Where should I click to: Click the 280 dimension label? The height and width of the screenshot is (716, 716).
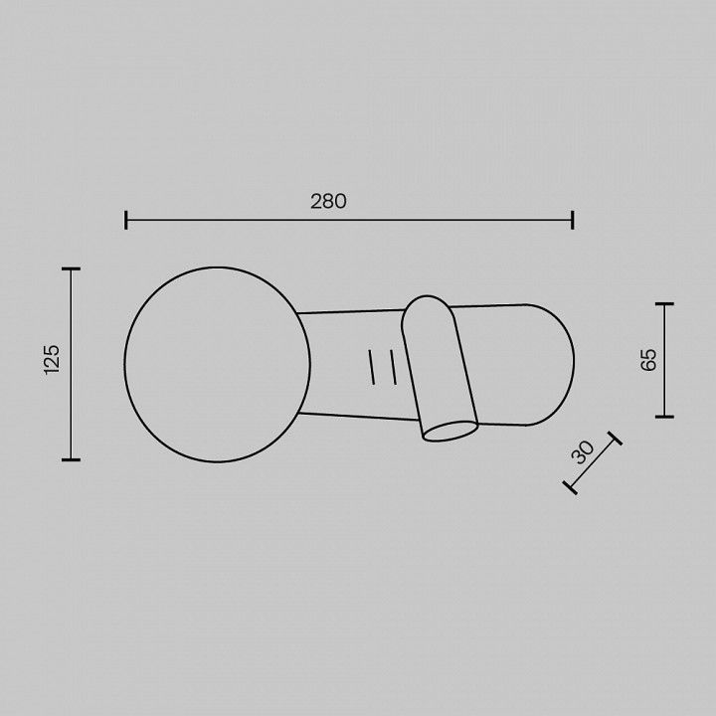point(328,201)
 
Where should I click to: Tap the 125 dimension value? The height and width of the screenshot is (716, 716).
point(52,359)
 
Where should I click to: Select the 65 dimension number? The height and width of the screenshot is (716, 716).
point(648,359)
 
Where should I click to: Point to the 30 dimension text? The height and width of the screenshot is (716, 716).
point(583,452)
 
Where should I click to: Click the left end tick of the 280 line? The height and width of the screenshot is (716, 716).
point(125,220)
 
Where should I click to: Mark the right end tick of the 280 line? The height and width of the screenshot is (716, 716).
point(572,220)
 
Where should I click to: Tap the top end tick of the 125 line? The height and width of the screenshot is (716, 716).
point(71,268)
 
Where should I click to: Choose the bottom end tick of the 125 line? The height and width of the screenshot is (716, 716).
point(71,459)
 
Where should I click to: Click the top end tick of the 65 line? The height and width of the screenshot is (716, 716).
point(664,303)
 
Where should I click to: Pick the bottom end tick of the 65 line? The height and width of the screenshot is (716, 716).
point(664,417)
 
